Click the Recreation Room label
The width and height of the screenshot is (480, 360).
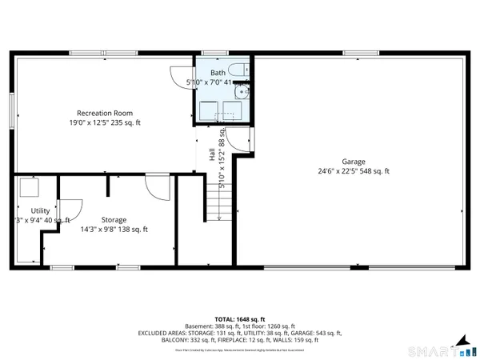point(105,113)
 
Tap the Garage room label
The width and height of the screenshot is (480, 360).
point(354,160)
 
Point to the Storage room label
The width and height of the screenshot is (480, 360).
point(114,218)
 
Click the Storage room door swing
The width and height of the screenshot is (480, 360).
point(158,190)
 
